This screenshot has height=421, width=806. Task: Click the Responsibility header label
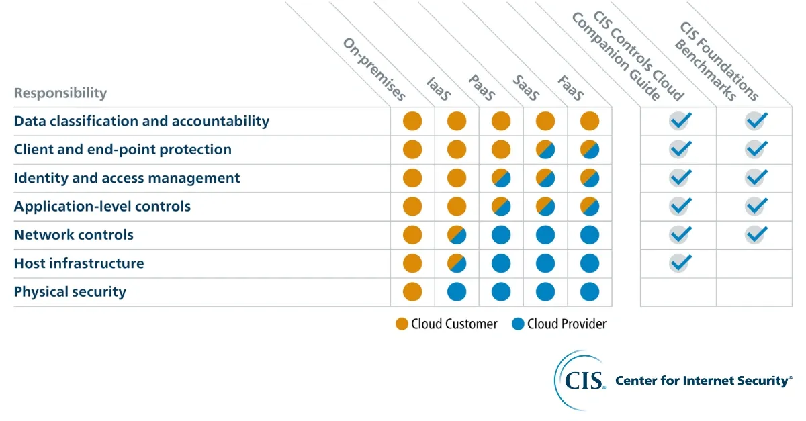[60, 93]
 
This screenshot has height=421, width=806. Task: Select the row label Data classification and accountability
[142, 122]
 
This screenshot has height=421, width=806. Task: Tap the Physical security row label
[70, 292]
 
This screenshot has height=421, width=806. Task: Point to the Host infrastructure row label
[79, 263]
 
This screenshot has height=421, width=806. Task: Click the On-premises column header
[374, 69]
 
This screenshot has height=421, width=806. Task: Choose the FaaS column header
[570, 88]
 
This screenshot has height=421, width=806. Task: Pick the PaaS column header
[481, 88]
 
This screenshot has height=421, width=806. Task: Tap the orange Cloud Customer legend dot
[402, 324]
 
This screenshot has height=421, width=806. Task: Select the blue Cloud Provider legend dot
[517, 324]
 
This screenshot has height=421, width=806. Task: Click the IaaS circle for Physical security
[457, 292]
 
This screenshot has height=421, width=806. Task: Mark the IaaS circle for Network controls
[457, 235]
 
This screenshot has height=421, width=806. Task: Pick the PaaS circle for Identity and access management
[501, 178]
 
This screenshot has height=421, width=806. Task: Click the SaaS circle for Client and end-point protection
[545, 150]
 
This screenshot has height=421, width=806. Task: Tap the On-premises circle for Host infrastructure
[412, 263]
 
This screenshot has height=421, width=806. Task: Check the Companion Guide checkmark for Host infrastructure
[680, 263]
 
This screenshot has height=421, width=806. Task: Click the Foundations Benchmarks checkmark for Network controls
[756, 234]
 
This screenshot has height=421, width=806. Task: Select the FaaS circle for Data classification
[590, 122]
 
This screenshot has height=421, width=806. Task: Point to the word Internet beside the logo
[707, 381]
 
